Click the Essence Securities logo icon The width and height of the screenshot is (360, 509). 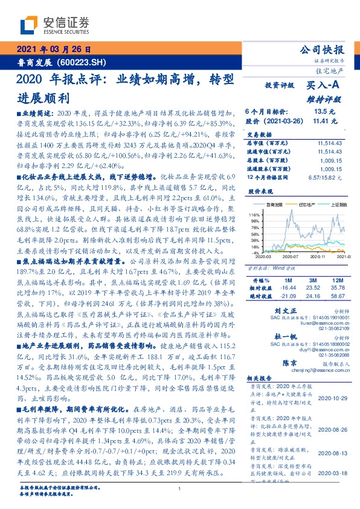click(x=30, y=25)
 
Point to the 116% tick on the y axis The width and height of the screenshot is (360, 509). click(x=254, y=215)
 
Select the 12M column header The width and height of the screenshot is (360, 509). click(x=335, y=280)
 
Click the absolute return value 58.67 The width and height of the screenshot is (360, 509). click(x=335, y=296)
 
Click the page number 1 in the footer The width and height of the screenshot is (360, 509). click(x=179, y=489)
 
